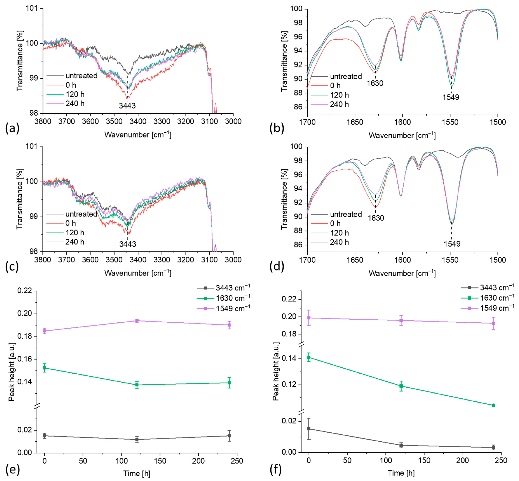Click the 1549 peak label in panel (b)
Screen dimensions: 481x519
(451, 97)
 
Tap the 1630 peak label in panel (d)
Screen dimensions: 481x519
(376, 218)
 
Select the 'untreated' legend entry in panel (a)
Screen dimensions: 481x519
(81, 76)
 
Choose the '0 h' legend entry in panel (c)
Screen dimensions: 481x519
(71, 223)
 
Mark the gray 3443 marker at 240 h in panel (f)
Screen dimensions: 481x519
(493, 447)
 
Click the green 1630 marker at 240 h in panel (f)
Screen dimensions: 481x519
(493, 405)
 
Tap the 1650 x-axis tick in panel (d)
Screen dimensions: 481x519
(355, 260)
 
